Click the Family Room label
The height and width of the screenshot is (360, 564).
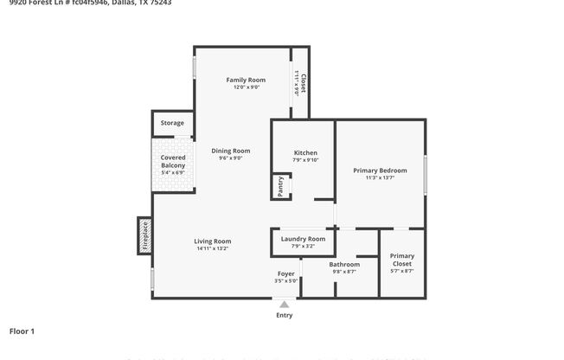tap(246, 80)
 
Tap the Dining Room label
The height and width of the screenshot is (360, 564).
tap(230, 151)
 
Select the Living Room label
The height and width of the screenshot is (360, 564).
tap(211, 241)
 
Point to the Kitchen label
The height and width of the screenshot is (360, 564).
tap(305, 152)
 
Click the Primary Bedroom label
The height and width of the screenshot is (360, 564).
tap(380, 170)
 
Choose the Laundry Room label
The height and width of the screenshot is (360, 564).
tap(304, 239)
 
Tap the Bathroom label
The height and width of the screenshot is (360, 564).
tap(343, 264)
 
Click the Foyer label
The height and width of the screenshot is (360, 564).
tap(285, 273)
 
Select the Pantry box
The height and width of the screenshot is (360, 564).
tap(281, 186)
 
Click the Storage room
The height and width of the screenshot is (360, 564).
tap(172, 123)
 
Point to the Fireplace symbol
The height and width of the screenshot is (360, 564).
tap(144, 235)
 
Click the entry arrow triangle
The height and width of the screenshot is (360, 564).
tap(284, 304)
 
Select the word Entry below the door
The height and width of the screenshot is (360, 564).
tap(284, 315)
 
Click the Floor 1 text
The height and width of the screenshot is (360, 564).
tap(22, 331)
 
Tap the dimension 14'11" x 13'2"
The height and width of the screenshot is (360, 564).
tap(211, 248)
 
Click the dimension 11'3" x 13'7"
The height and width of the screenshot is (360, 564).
tap(380, 178)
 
